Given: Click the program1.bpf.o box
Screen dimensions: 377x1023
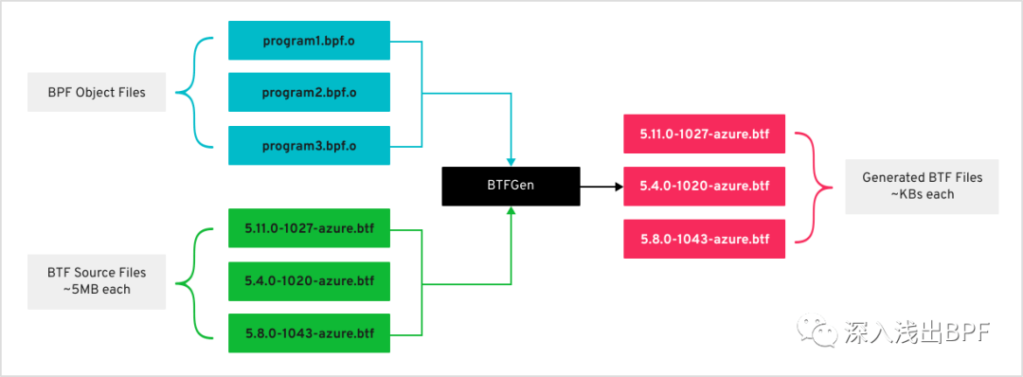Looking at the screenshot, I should pos(309,41).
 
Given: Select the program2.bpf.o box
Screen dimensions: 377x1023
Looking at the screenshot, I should pos(309,93).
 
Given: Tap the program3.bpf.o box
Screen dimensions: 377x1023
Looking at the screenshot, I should pos(309,145).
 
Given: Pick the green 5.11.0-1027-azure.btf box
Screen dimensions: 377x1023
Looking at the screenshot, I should pos(309,229).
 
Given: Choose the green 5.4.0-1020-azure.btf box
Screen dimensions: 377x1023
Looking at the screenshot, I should pos(309,281).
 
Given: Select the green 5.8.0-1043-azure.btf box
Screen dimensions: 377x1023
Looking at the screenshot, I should pos(309,333).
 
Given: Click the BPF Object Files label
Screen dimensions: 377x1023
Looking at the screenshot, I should pos(97,93).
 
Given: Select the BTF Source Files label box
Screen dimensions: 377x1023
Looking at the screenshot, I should pos(97,281).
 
